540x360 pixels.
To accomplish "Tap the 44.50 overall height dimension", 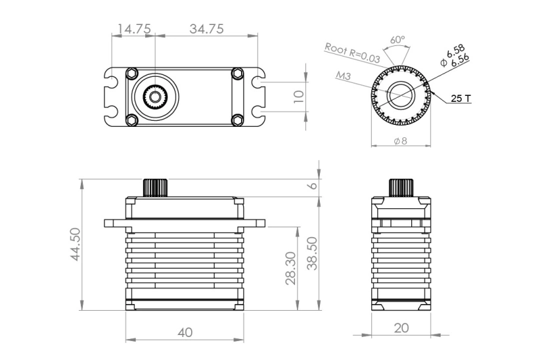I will tap(76, 244).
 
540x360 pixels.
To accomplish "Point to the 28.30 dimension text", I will tap(291, 268).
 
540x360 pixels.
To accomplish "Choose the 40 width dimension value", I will tap(185, 332).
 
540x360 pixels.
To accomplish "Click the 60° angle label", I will tap(397, 39).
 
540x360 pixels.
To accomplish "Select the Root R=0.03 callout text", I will tap(352, 53).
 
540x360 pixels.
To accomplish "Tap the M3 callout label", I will tap(343, 76).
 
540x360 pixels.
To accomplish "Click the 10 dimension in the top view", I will tap(300, 95).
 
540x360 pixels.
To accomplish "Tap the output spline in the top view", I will tap(155, 97).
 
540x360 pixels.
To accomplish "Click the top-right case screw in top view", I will tap(237, 74).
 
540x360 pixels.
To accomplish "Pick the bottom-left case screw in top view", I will tap(132, 120).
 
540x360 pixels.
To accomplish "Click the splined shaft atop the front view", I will tap(155, 187).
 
